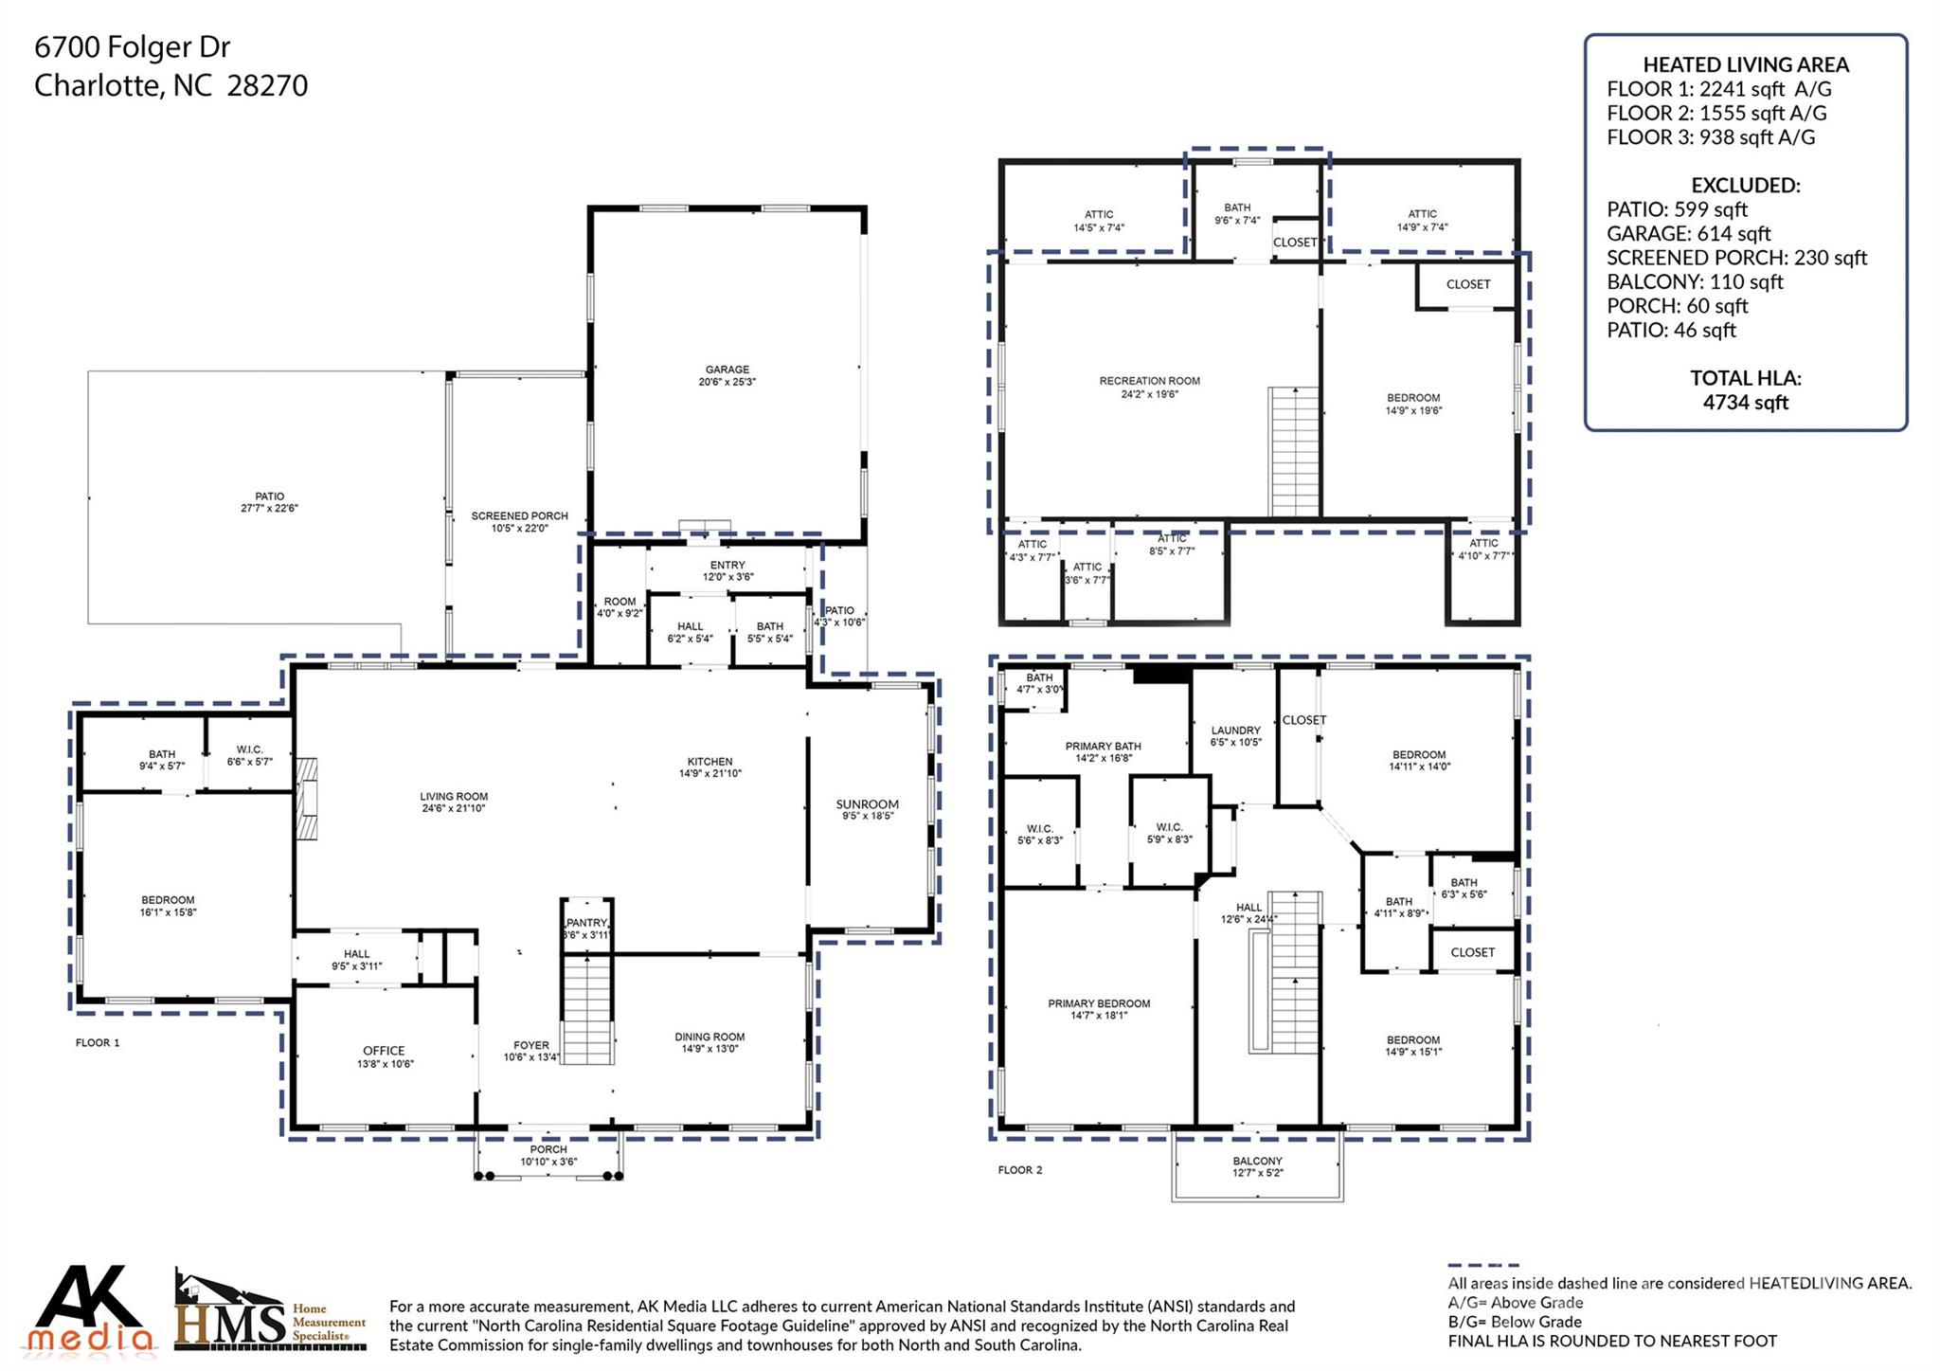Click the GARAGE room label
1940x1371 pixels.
point(727,370)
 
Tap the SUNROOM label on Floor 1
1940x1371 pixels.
point(867,804)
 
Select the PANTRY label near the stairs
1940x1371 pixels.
point(586,923)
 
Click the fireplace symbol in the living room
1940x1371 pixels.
point(306,799)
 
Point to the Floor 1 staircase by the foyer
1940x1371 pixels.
point(587,1010)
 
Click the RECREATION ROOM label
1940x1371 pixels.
point(1149,381)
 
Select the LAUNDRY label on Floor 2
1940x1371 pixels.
point(1235,731)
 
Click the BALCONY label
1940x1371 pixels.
point(1257,1161)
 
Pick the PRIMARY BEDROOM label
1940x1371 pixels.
point(1099,1003)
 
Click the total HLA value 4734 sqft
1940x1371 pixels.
point(1745,403)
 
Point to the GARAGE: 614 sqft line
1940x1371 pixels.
point(1688,234)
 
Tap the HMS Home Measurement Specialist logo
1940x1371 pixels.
point(270,1312)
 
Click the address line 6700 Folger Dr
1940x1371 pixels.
point(133,46)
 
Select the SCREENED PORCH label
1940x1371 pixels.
point(519,516)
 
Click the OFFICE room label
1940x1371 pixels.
point(384,1051)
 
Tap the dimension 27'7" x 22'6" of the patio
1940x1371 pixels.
point(269,509)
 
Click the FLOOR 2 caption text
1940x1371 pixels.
point(1019,1170)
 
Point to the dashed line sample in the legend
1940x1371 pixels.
point(1482,1265)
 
